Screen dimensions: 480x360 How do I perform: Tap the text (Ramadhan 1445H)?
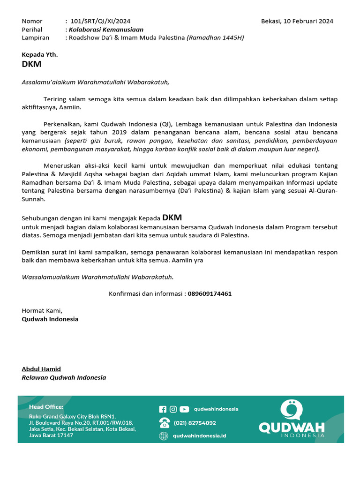(215, 38)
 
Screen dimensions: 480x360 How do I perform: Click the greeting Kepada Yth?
(40, 55)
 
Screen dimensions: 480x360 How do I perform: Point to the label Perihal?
(32, 30)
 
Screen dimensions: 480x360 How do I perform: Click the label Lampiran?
(35, 38)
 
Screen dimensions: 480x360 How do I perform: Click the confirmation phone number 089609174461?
(210, 294)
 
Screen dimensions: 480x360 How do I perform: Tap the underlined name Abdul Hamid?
(41, 369)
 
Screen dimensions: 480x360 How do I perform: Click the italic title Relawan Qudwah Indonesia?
(64, 377)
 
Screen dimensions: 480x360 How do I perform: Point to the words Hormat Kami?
(42, 310)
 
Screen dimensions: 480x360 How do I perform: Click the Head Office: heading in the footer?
(46, 407)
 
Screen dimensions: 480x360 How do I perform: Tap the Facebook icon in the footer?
(163, 409)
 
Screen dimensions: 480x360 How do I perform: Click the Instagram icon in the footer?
(173, 409)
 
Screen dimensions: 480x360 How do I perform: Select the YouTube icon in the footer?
(184, 409)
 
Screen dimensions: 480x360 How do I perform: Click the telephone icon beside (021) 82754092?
(165, 423)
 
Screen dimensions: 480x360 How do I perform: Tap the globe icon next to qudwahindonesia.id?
(164, 436)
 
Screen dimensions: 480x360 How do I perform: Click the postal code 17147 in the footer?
(64, 435)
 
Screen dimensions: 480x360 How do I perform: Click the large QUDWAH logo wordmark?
(292, 427)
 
